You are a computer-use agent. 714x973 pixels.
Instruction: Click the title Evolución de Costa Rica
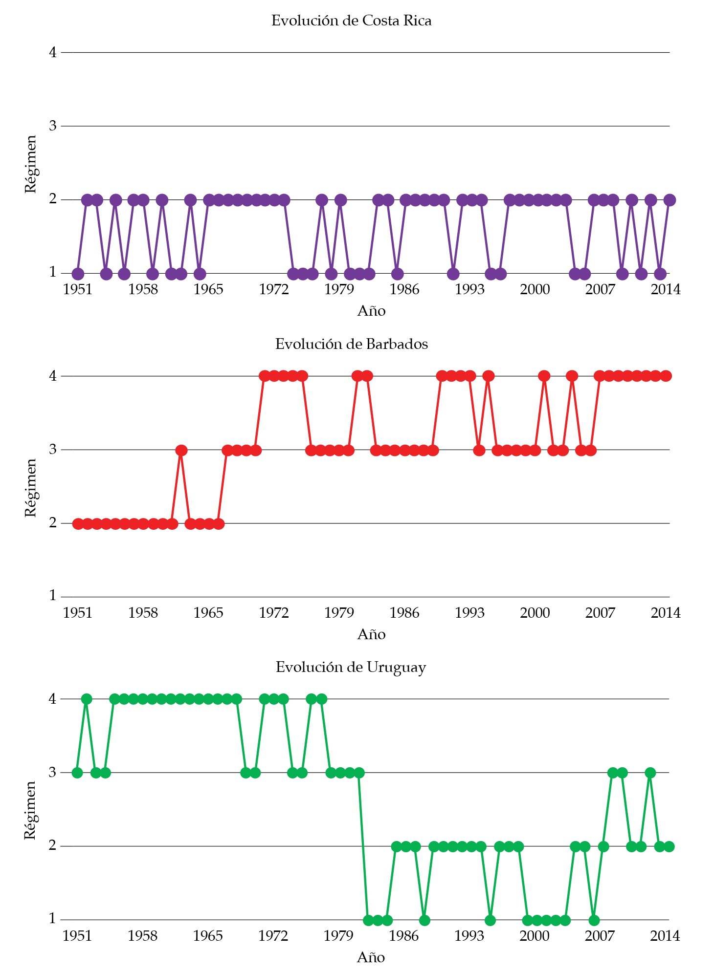coord(351,21)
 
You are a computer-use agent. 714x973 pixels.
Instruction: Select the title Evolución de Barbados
coord(351,344)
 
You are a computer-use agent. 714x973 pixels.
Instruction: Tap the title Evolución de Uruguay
coord(351,667)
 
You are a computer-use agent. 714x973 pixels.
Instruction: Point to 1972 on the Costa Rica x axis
coord(274,289)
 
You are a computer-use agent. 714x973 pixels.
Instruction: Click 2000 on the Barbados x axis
coord(535,613)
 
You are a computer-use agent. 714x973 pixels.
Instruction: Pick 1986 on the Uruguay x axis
coord(403,936)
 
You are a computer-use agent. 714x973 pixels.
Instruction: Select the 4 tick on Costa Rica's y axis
coord(53,52)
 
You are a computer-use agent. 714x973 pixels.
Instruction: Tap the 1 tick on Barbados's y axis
coord(53,596)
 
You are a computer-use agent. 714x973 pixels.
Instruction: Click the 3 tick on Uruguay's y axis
coord(53,772)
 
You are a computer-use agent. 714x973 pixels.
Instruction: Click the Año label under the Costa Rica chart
coord(371,311)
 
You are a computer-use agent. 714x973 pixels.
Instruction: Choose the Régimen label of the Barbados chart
coord(30,487)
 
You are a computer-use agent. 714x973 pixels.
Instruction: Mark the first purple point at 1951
coord(78,274)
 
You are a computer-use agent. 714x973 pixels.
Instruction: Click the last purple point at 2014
coord(669,200)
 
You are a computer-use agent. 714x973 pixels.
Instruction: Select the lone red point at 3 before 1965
coord(181,450)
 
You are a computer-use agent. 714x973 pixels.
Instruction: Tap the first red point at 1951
coord(78,524)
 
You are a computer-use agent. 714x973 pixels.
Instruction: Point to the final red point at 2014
coord(666,376)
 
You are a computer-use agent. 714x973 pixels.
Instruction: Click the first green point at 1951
coord(77,773)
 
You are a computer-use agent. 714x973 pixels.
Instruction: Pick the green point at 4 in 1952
coord(87,699)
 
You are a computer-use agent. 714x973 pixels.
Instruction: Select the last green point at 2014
coord(669,846)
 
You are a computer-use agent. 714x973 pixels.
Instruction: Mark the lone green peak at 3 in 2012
coord(650,773)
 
